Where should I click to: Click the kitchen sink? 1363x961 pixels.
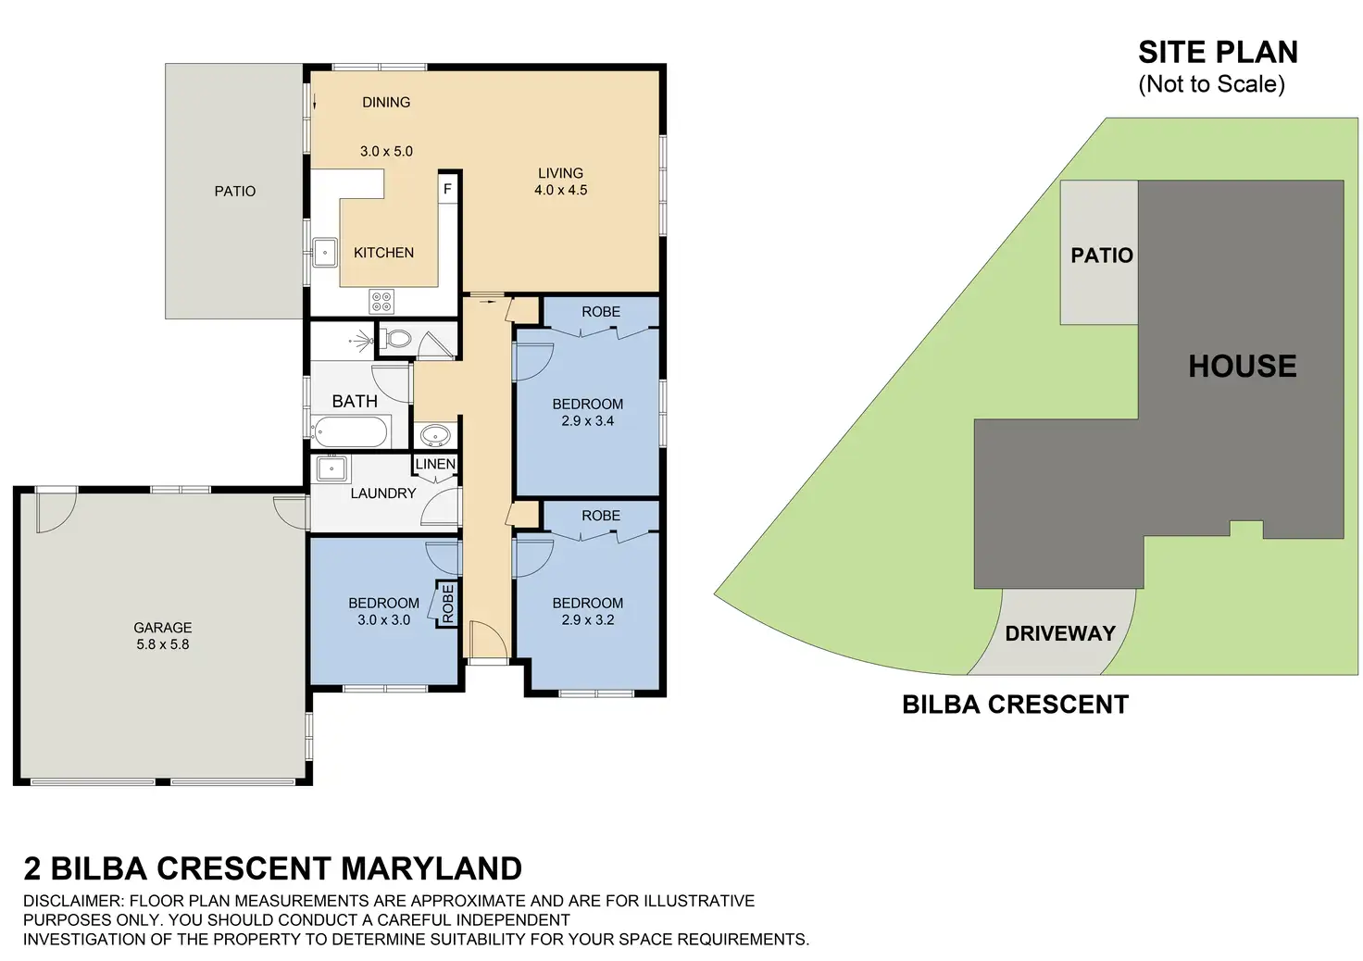(x=325, y=252)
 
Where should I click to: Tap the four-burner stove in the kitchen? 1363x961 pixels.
(x=381, y=301)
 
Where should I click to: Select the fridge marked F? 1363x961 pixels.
(x=447, y=189)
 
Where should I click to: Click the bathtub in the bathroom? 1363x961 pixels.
(x=351, y=431)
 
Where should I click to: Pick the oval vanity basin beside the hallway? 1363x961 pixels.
(x=436, y=435)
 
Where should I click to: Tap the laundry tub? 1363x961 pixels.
(x=331, y=468)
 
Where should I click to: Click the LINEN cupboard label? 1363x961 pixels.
(x=435, y=464)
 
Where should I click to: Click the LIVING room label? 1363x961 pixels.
(x=560, y=173)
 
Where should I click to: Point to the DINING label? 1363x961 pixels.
(x=386, y=102)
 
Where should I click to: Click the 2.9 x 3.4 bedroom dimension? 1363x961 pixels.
(x=588, y=421)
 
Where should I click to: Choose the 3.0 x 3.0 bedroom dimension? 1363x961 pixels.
(x=383, y=619)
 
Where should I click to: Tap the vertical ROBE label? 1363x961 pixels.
(x=448, y=604)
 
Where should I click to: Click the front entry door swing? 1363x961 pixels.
(x=488, y=639)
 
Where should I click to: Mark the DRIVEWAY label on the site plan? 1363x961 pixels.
(x=1060, y=633)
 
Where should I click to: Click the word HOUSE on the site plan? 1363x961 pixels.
(x=1243, y=366)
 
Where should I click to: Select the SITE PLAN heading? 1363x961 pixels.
(x=1219, y=52)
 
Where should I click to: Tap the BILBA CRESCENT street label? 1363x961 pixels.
(x=1015, y=705)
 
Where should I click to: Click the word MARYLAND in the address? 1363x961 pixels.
(x=431, y=867)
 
